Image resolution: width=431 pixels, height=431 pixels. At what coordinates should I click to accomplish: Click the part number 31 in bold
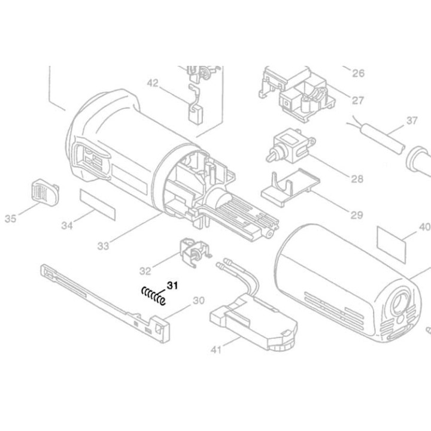tap(172, 285)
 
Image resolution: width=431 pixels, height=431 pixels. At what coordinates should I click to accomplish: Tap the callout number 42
tap(153, 84)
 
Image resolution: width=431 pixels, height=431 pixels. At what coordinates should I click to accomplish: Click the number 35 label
tap(10, 219)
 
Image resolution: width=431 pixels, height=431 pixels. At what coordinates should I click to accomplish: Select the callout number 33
tap(103, 245)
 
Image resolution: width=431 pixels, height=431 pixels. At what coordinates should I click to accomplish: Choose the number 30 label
tap(198, 300)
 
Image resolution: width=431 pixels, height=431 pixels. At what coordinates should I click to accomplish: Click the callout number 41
tap(216, 349)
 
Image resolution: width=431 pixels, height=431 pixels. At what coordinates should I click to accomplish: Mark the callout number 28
tap(358, 178)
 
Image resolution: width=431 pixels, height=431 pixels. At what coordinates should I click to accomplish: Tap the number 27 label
tap(358, 100)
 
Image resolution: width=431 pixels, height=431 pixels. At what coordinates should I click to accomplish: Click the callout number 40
tap(424, 227)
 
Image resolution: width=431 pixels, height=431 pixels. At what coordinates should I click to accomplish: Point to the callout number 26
tap(358, 74)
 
